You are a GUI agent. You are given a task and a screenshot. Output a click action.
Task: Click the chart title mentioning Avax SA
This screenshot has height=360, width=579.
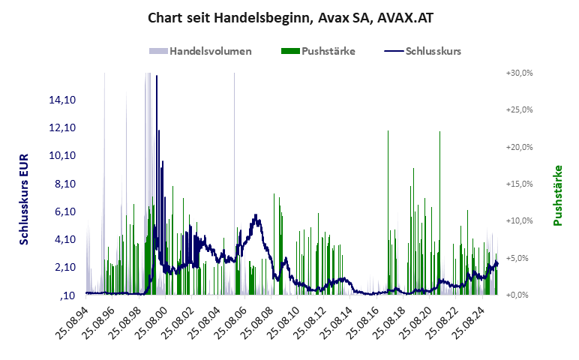pyautogui.click(x=289, y=17)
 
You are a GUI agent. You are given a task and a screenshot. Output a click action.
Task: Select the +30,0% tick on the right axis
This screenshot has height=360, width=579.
pyautogui.click(x=519, y=73)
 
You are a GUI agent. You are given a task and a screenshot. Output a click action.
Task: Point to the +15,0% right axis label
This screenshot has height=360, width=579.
pyautogui.click(x=519, y=184)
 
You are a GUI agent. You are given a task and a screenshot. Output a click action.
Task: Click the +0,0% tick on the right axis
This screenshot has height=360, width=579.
pyautogui.click(x=519, y=295)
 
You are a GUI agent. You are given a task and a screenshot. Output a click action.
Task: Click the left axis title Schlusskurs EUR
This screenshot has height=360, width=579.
pyautogui.click(x=24, y=198)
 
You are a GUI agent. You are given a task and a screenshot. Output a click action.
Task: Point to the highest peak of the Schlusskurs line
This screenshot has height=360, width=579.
pyautogui.click(x=157, y=77)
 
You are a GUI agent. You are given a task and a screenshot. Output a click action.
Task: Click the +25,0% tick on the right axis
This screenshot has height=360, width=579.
pyautogui.click(x=519, y=109)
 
